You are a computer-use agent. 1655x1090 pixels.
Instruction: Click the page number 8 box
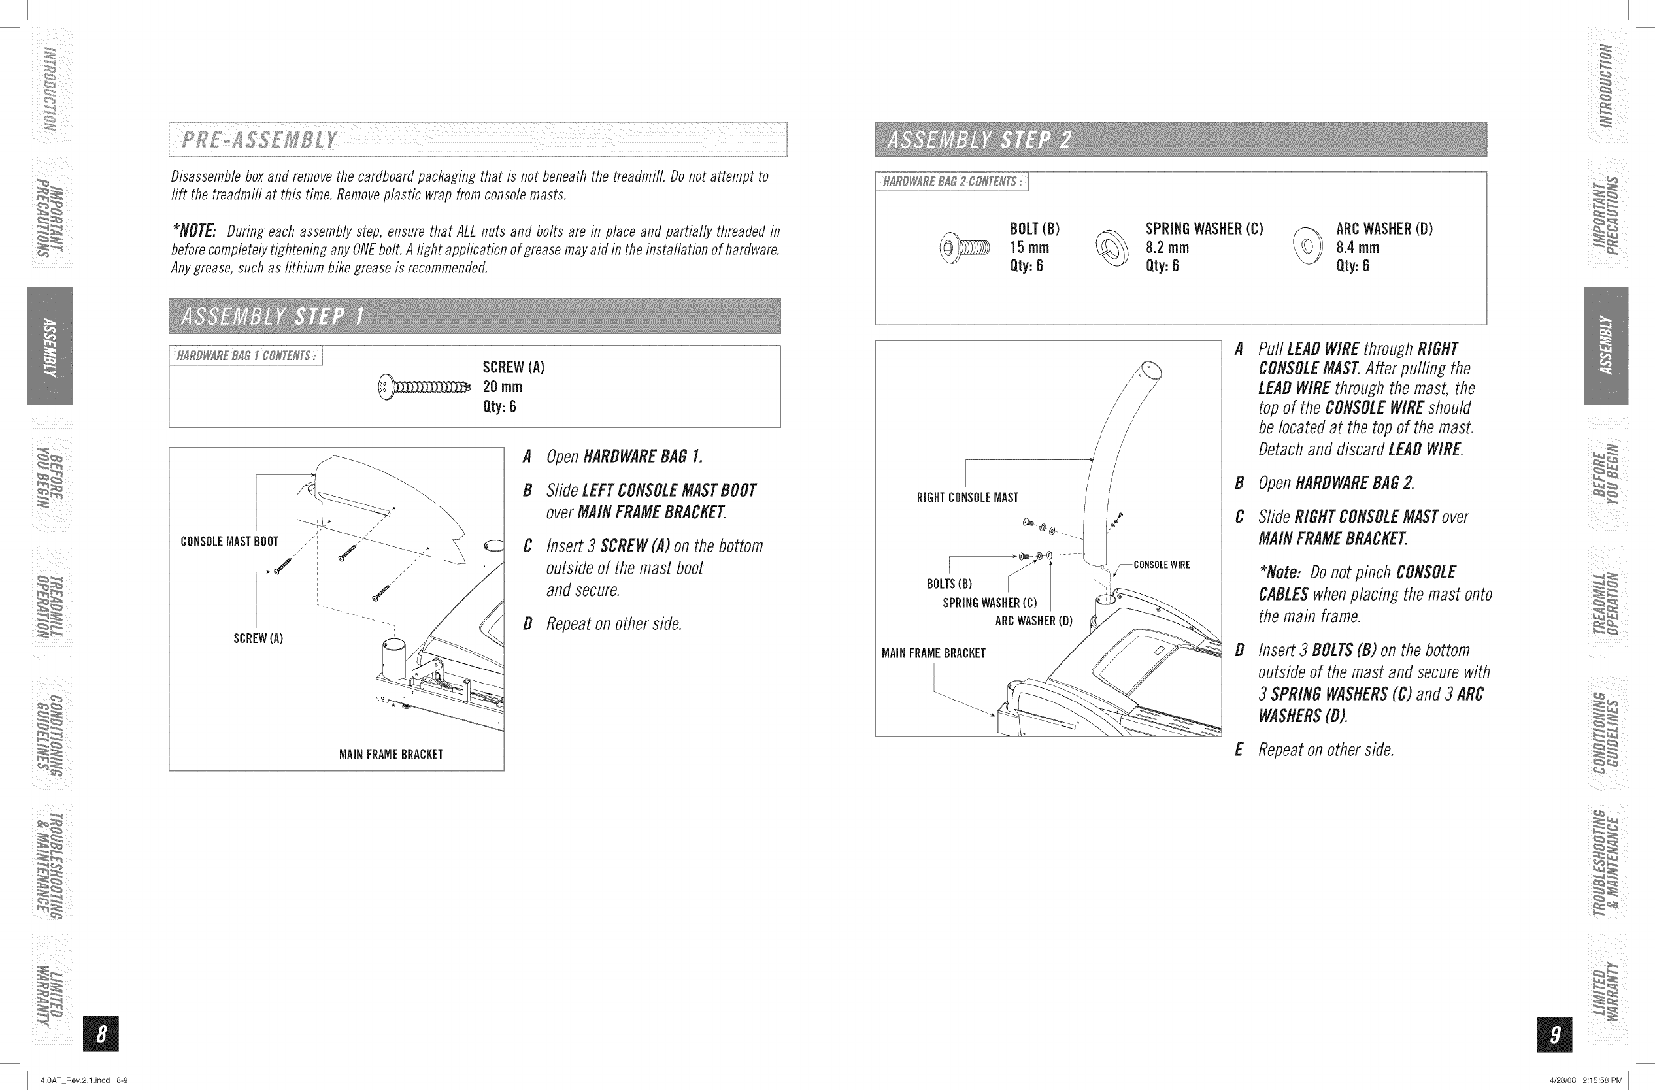101,1034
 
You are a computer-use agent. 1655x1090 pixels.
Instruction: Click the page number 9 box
1556,1034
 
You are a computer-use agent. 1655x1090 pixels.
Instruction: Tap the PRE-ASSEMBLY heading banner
477,140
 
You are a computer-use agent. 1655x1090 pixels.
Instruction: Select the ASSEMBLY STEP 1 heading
475,316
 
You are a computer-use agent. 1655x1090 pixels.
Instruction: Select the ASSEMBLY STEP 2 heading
1180,140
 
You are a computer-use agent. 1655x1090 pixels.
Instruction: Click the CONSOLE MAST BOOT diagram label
229,542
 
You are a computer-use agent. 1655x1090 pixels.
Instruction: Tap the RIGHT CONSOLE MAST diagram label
967,498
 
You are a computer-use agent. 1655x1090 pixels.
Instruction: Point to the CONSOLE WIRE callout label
1162,565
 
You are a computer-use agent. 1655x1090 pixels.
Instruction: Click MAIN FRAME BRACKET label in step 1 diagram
391,755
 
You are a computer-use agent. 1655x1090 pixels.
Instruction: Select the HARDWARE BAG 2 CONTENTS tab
951,182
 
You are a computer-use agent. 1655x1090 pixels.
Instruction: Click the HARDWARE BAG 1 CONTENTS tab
246,356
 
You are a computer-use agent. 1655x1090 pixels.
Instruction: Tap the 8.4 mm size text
1358,248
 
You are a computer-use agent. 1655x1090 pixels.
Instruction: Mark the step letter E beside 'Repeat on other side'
1239,750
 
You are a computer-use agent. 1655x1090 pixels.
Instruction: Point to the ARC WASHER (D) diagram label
1033,621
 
